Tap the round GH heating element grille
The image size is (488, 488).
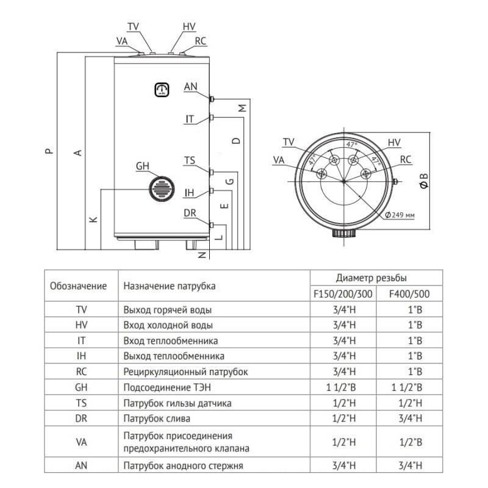162,187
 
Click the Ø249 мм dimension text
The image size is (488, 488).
400,215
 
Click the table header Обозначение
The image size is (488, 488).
79,285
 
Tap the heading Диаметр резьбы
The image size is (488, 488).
372,278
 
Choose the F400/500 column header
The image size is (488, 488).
409,293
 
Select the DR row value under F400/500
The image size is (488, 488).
409,419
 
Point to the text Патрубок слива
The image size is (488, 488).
157,419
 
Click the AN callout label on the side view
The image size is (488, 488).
191,87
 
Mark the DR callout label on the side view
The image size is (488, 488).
190,213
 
